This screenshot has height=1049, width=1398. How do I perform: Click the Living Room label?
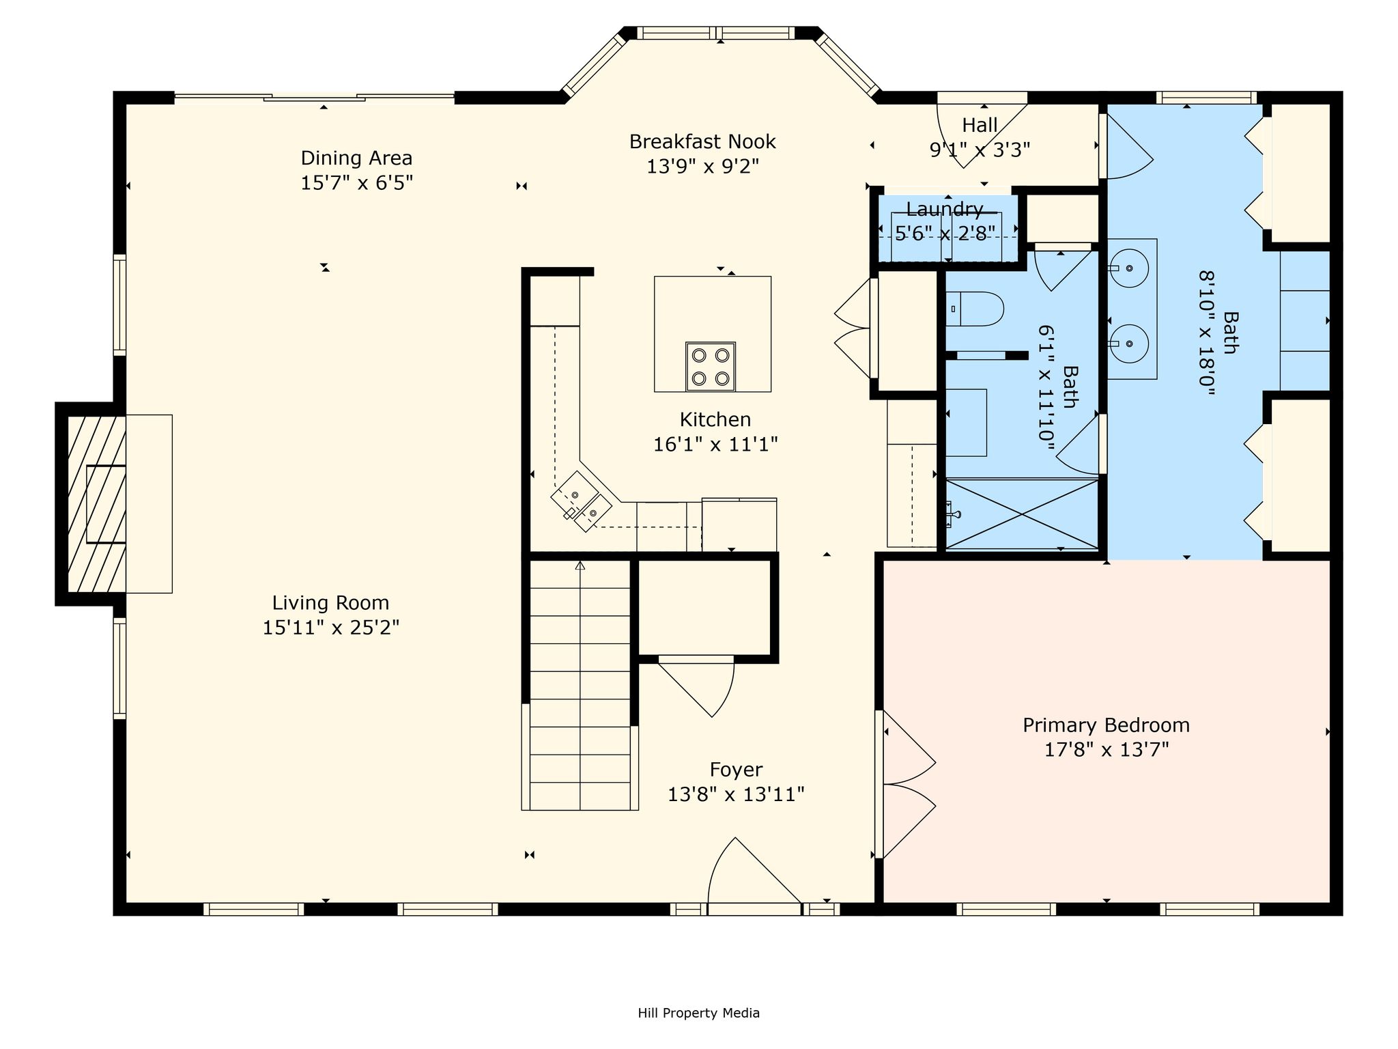click(x=330, y=603)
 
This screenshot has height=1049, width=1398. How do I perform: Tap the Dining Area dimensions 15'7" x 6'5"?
click(x=357, y=183)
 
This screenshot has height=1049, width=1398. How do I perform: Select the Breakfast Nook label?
click(x=702, y=141)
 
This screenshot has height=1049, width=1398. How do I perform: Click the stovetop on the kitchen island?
click(x=711, y=367)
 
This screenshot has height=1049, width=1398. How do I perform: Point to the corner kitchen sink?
click(x=582, y=502)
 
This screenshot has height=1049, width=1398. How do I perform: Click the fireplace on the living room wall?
click(x=96, y=503)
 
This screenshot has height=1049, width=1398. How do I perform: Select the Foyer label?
click(x=736, y=770)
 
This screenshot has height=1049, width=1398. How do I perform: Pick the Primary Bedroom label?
click(x=1106, y=725)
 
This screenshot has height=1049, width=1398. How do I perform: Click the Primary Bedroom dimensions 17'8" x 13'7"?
click(x=1107, y=750)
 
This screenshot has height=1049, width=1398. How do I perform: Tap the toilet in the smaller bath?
click(x=974, y=309)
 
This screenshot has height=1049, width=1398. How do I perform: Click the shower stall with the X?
click(x=1022, y=514)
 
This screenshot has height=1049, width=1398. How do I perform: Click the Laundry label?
click(x=945, y=209)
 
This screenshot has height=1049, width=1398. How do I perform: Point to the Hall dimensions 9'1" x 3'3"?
click(x=980, y=150)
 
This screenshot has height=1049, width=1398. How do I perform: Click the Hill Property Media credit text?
click(x=698, y=1013)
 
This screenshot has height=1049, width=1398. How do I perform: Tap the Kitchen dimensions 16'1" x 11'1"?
click(x=715, y=445)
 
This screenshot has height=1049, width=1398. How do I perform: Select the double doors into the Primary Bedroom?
click(x=907, y=784)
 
